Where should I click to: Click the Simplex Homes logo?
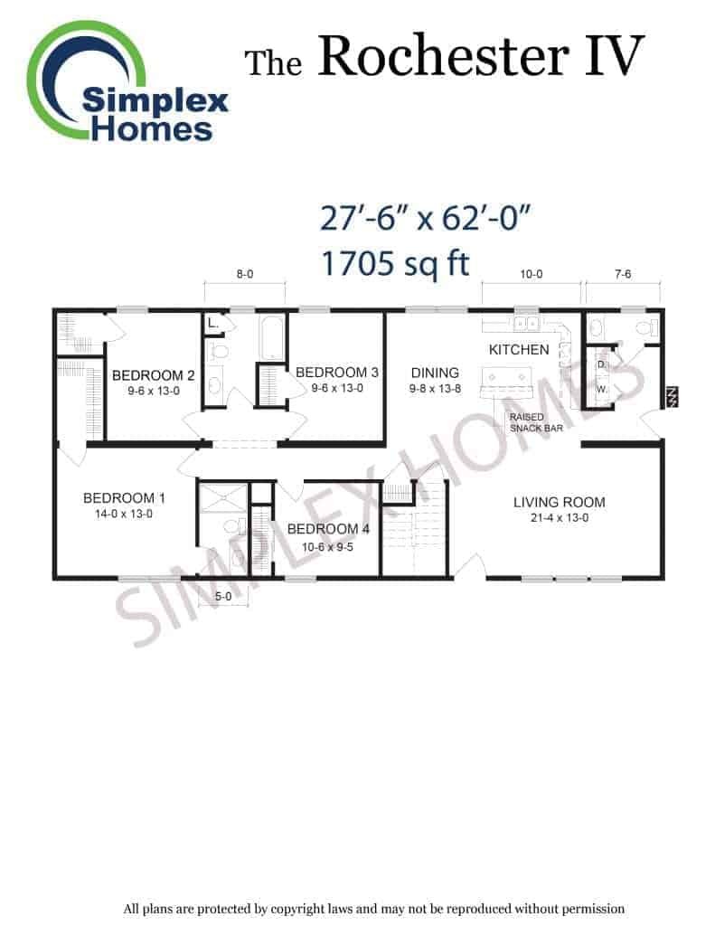point(127,81)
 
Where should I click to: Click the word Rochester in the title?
point(444,56)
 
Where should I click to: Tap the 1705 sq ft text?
point(395,263)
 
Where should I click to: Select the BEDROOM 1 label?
point(124,498)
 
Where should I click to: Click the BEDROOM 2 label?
point(153,375)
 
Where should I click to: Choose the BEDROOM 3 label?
point(336,372)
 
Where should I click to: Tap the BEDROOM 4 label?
point(328,528)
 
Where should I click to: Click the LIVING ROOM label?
point(560,502)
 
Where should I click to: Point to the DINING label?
point(435,373)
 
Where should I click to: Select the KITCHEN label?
point(519,350)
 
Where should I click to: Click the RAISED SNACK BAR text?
point(536,422)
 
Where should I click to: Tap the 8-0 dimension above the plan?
point(244,274)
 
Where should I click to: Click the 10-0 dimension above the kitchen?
point(532,274)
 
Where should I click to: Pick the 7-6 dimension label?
point(623,274)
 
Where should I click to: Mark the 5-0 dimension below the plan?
point(223,597)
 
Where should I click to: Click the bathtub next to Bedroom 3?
point(271,337)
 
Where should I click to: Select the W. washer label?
point(602,389)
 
